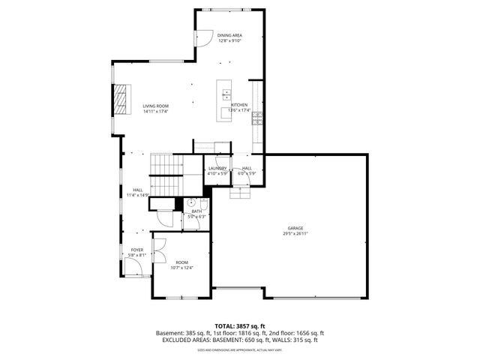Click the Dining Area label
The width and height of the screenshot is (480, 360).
(229, 35)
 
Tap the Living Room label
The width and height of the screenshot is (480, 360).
(156, 106)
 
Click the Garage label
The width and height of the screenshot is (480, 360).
(295, 228)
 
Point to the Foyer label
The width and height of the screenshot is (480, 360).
(137, 250)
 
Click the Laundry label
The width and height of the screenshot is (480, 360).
(217, 169)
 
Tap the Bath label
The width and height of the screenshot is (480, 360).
(196, 211)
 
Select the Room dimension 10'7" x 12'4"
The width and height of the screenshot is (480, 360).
(182, 268)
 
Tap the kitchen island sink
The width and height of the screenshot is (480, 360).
(226, 94)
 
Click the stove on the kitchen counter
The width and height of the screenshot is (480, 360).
(257, 117)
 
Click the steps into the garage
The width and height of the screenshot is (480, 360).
(240, 193)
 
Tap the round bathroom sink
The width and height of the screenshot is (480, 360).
(191, 202)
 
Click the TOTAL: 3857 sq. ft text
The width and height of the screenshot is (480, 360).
(240, 326)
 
